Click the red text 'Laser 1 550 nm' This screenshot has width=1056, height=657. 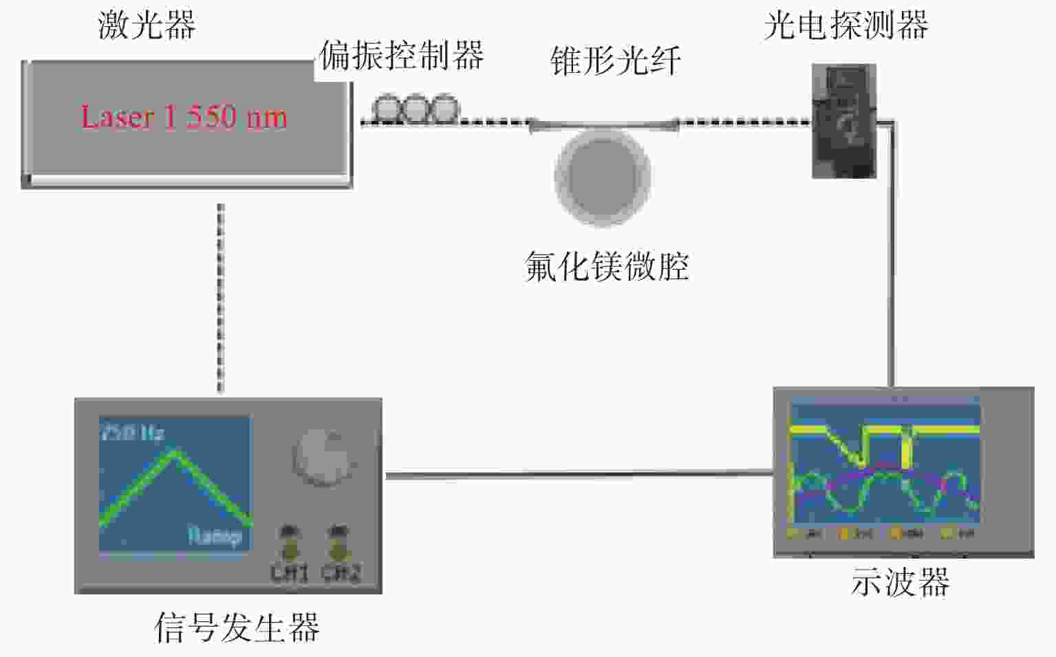(x=184, y=117)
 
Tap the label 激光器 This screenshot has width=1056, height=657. (x=147, y=25)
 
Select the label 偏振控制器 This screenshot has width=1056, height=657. (x=402, y=55)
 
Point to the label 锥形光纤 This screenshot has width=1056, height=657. (x=616, y=61)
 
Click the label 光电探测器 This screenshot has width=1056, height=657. (x=845, y=25)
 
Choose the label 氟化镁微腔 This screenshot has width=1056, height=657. (x=607, y=266)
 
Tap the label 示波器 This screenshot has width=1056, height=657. (x=901, y=582)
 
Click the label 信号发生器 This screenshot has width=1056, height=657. (x=237, y=627)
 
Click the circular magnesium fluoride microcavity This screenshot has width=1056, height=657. (x=603, y=175)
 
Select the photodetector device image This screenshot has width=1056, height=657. (x=843, y=121)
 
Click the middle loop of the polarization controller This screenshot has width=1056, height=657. (x=416, y=109)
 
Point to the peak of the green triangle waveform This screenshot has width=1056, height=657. (x=175, y=451)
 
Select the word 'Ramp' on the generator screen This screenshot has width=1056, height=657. (x=215, y=536)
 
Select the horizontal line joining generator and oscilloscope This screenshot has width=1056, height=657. (x=578, y=474)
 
